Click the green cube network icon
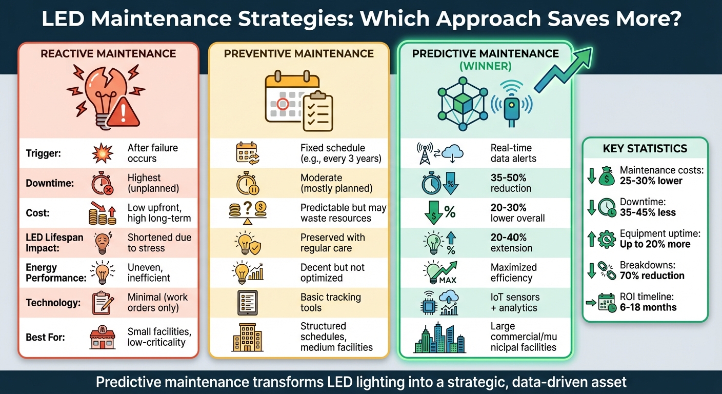tap(459, 100)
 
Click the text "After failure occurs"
tap(152, 153)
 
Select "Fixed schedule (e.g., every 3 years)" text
tap(340, 153)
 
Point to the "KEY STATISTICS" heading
tap(645, 149)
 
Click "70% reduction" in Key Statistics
tap(652, 275)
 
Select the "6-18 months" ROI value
tap(648, 307)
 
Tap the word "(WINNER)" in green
tap(485, 66)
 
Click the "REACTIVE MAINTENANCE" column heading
tap(108, 53)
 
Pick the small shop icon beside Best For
tap(102, 338)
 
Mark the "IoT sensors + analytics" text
tap(514, 302)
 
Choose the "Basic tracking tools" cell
tap(330, 302)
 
